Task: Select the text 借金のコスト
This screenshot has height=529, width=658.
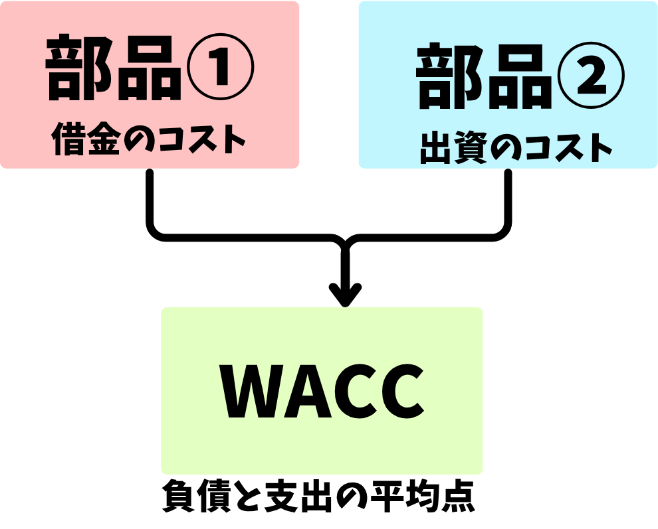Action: (149, 140)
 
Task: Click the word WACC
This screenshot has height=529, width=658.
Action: (322, 391)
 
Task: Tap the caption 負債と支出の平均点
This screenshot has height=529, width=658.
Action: (319, 498)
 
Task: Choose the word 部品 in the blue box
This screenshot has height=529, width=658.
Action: (484, 79)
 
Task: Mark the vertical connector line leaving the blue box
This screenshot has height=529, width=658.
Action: (508, 199)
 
